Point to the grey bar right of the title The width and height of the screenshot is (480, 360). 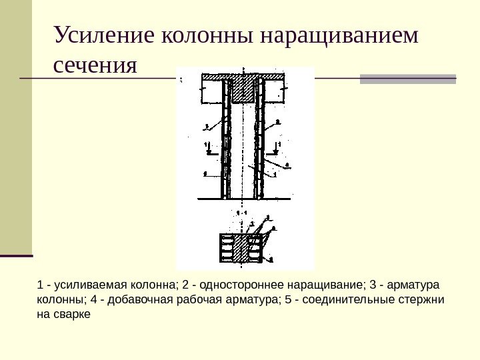(408, 79)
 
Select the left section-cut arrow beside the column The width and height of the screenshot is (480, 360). (208, 148)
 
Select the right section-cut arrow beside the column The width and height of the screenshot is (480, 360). (278, 148)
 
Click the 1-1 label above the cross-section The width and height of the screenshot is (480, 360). (242, 212)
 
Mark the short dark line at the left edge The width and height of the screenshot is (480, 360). (17, 255)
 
